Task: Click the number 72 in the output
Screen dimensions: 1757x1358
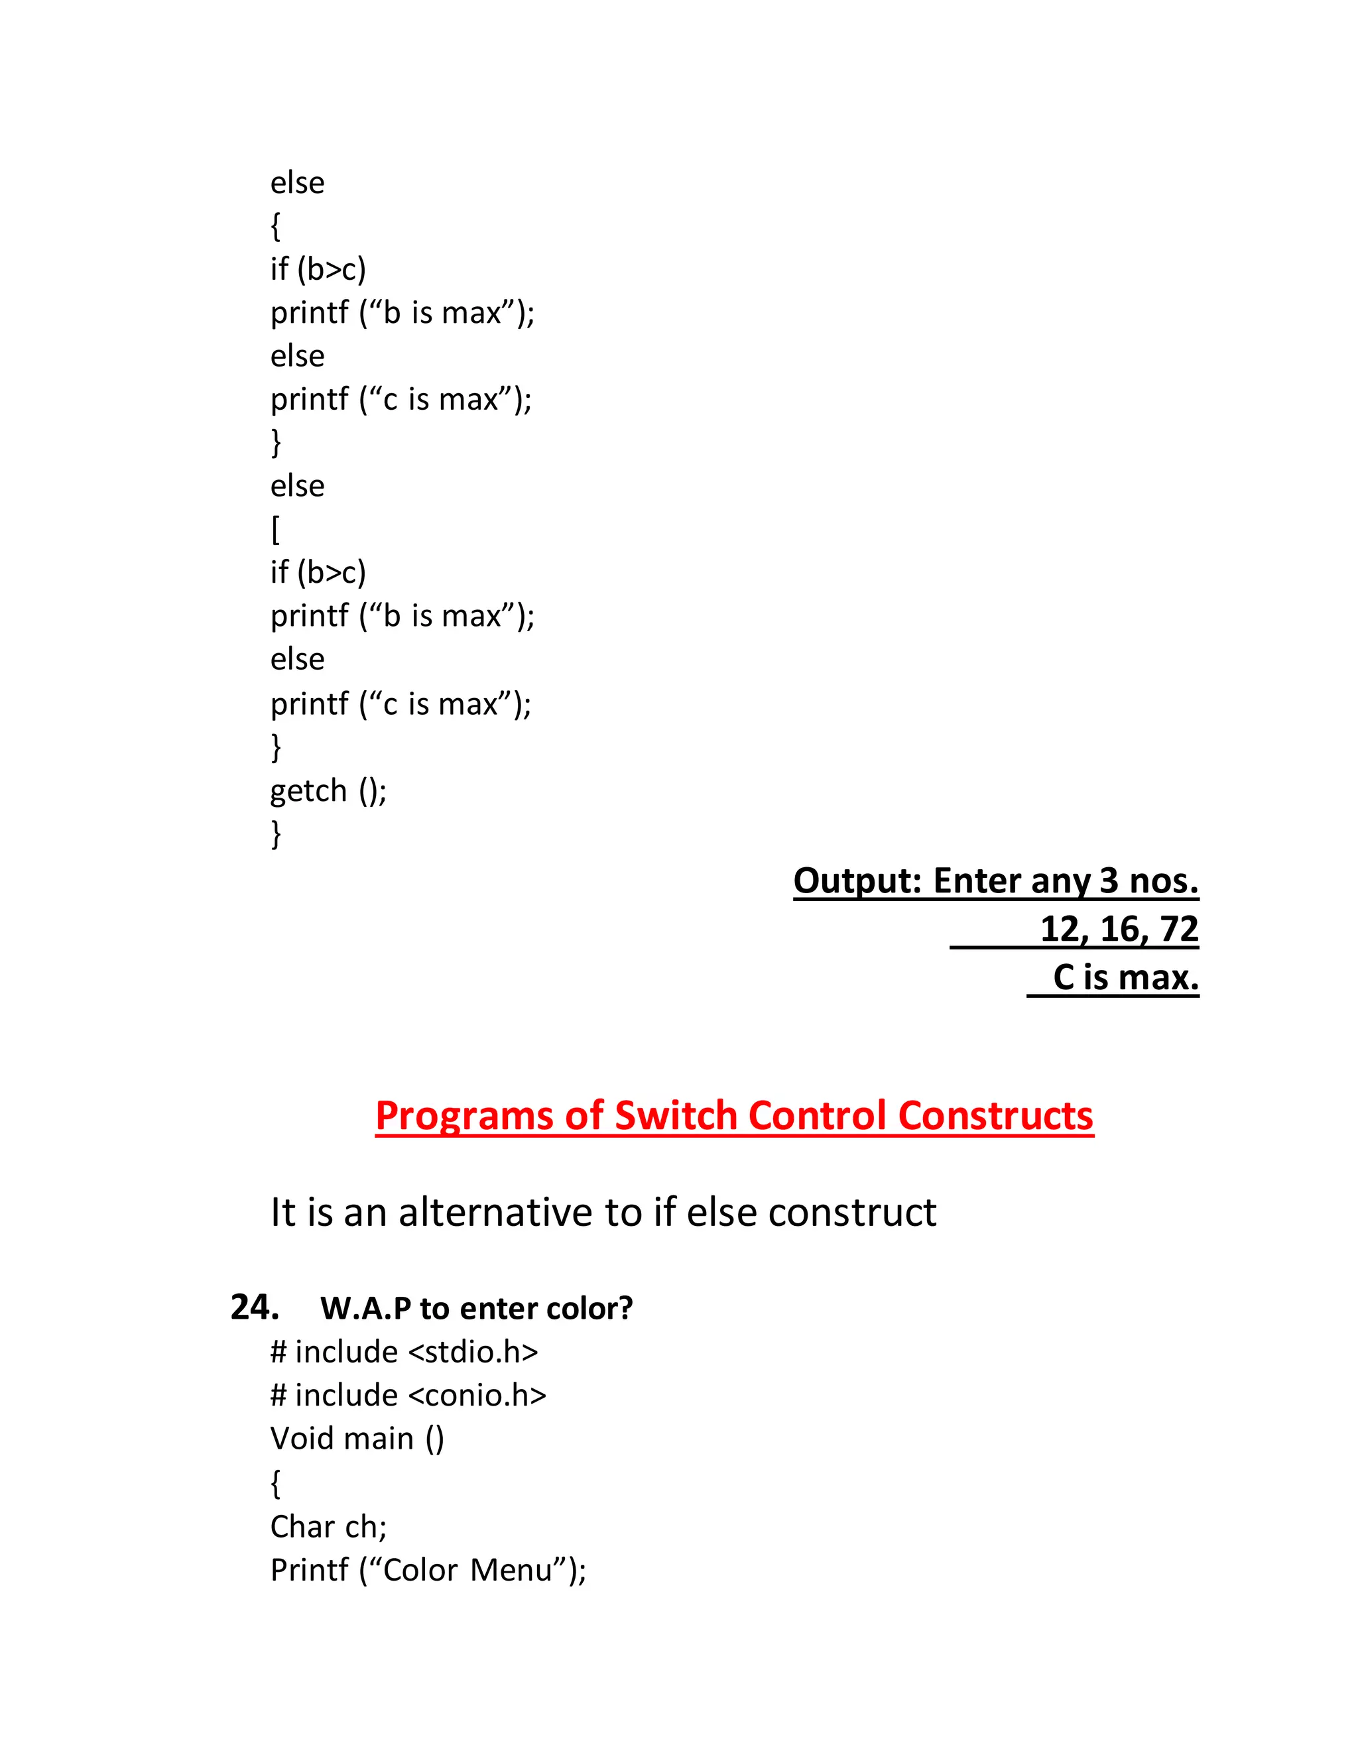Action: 1180,929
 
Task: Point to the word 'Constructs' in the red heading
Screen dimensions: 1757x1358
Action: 995,1116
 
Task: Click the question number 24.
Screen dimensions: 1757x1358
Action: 254,1307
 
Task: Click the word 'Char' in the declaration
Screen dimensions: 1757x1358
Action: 302,1526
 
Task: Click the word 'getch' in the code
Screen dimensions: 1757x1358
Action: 308,791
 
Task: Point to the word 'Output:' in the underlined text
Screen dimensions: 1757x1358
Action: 857,881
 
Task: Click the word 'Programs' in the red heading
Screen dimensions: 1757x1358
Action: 465,1116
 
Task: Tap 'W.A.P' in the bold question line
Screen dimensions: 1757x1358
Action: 366,1309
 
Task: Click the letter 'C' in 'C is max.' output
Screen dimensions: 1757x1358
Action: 1064,977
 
